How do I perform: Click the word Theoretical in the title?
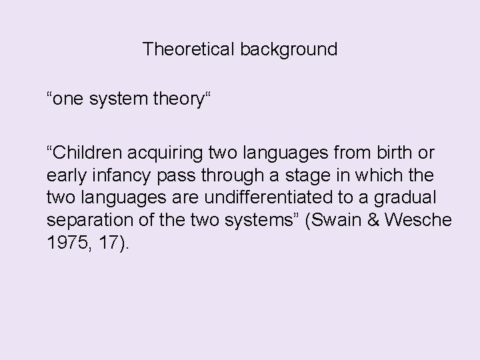click(186, 49)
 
